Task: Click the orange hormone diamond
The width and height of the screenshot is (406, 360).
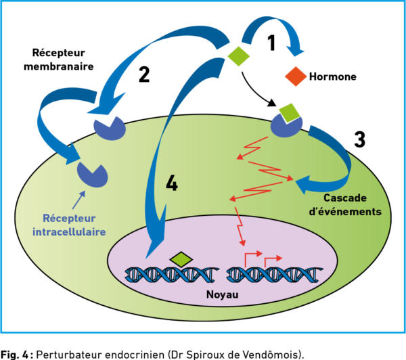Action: click(x=296, y=76)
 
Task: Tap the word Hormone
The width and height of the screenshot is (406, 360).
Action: click(x=333, y=76)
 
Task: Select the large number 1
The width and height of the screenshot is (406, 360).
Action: click(x=271, y=43)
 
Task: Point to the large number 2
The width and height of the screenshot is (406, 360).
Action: click(x=144, y=74)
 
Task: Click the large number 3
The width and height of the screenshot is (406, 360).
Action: click(x=360, y=139)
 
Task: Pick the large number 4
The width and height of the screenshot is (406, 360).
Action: click(x=172, y=183)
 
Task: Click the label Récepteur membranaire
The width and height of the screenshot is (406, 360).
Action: click(x=58, y=60)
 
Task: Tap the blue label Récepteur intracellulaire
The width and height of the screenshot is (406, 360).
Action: click(x=69, y=225)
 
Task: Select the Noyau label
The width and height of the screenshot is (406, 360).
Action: click(x=222, y=295)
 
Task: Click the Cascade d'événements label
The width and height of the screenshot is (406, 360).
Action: click(x=345, y=205)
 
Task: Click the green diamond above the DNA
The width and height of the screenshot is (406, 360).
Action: click(x=181, y=259)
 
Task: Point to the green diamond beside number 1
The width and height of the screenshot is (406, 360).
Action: click(x=238, y=56)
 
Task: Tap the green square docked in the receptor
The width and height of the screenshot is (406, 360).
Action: click(x=290, y=112)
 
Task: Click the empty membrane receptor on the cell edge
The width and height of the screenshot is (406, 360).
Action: click(x=110, y=128)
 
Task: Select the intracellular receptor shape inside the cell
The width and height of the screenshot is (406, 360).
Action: click(x=93, y=175)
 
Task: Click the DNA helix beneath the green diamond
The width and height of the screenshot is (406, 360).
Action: click(x=172, y=275)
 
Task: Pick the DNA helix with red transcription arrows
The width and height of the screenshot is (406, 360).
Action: click(x=275, y=275)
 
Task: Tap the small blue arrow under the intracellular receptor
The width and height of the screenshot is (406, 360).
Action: click(x=78, y=200)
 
